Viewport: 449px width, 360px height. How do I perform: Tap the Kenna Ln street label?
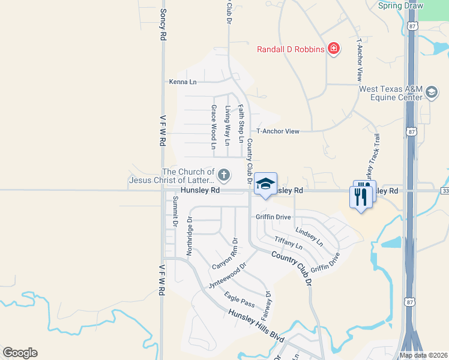coord(182,82)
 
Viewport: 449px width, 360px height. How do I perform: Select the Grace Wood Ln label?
coord(213,127)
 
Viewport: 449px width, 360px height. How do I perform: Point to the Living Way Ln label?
coord(228,126)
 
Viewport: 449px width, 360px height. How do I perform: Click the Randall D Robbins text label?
coord(291,49)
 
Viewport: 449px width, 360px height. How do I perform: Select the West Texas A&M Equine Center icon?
coord(431,92)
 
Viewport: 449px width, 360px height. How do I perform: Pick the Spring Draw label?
coord(400,6)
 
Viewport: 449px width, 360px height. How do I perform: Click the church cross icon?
coord(223,175)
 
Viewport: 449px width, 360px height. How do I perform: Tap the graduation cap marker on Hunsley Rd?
coord(265,184)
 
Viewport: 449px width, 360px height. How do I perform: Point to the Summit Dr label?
coord(175,211)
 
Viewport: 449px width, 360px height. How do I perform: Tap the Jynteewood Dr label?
coord(228,275)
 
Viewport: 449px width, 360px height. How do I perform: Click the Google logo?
coord(20,353)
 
